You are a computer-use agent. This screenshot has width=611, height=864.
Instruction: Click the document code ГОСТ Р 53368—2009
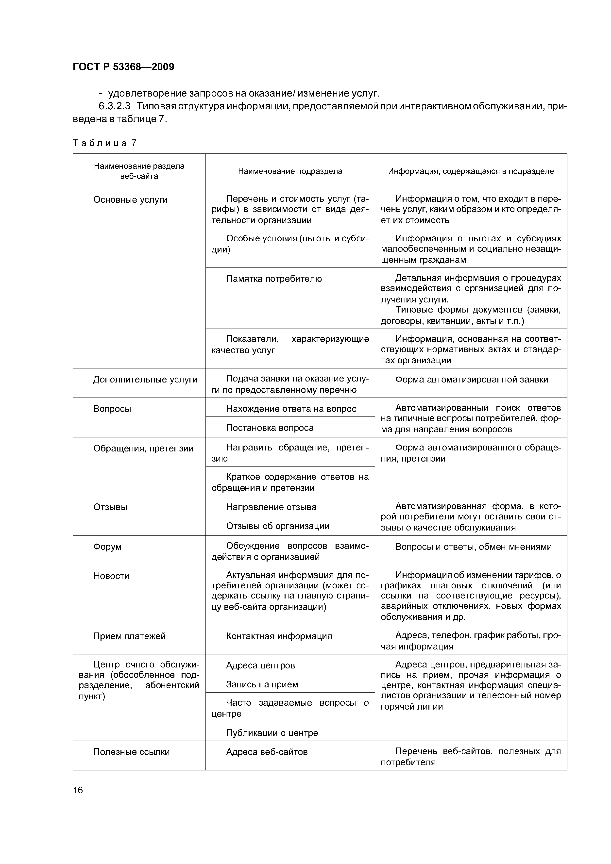pyautogui.click(x=123, y=67)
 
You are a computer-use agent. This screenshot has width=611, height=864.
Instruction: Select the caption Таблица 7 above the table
pyautogui.click(x=105, y=143)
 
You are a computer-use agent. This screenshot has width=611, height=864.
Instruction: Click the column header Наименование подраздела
pyautogui.click(x=290, y=171)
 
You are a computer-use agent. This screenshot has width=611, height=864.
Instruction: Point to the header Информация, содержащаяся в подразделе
pyautogui.click(x=471, y=171)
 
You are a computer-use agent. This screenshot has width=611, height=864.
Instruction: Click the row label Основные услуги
pyautogui.click(x=130, y=200)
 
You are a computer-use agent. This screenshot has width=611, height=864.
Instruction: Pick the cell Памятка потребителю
pyautogui.click(x=274, y=279)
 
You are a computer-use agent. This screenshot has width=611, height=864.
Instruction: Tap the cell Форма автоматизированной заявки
pyautogui.click(x=471, y=380)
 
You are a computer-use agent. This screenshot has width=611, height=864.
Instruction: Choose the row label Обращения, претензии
pyautogui.click(x=143, y=449)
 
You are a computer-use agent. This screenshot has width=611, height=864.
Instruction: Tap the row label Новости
pyautogui.click(x=111, y=576)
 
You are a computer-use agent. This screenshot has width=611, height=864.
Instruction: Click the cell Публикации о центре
pyautogui.click(x=272, y=733)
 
